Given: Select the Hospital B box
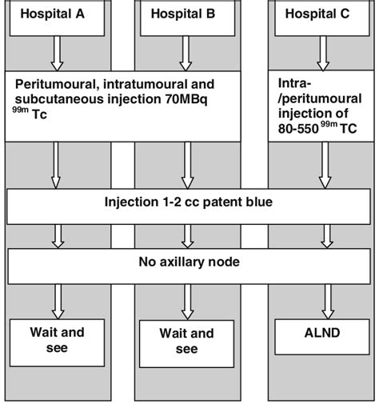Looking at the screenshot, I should [x=188, y=16].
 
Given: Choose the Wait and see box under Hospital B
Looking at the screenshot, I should [x=188, y=341].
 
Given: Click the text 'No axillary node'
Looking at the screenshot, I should [x=189, y=262].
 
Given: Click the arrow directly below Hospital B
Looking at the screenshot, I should [x=188, y=54].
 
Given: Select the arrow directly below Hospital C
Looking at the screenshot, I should [x=323, y=54].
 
